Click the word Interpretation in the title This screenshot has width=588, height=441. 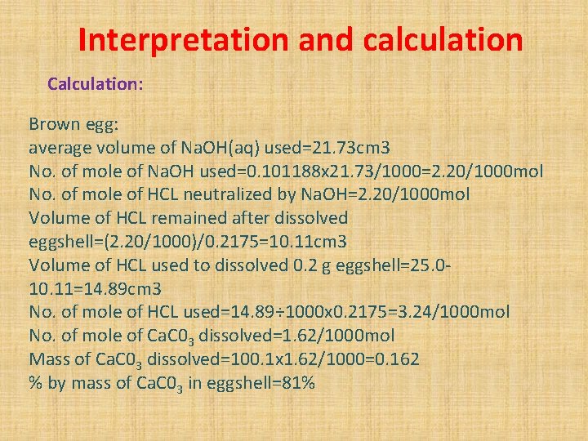[x=183, y=39]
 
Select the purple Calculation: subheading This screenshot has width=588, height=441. [x=96, y=83]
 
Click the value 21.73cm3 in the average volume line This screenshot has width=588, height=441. [x=343, y=148]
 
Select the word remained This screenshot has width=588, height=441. [x=212, y=218]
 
